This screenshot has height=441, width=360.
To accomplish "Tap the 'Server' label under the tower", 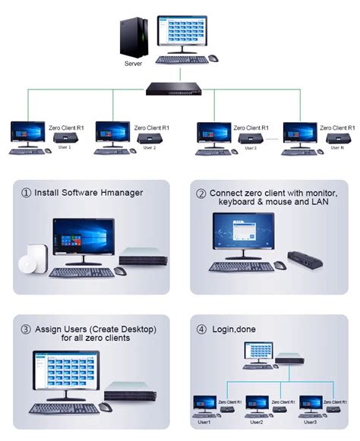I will pos(133,64).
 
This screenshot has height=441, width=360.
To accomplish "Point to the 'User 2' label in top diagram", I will pos(149,147).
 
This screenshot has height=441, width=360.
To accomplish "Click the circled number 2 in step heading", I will pos(201,193).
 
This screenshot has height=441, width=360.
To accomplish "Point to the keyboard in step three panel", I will pos(65,408).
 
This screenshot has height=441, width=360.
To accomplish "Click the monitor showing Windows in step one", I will pos(84,239).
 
